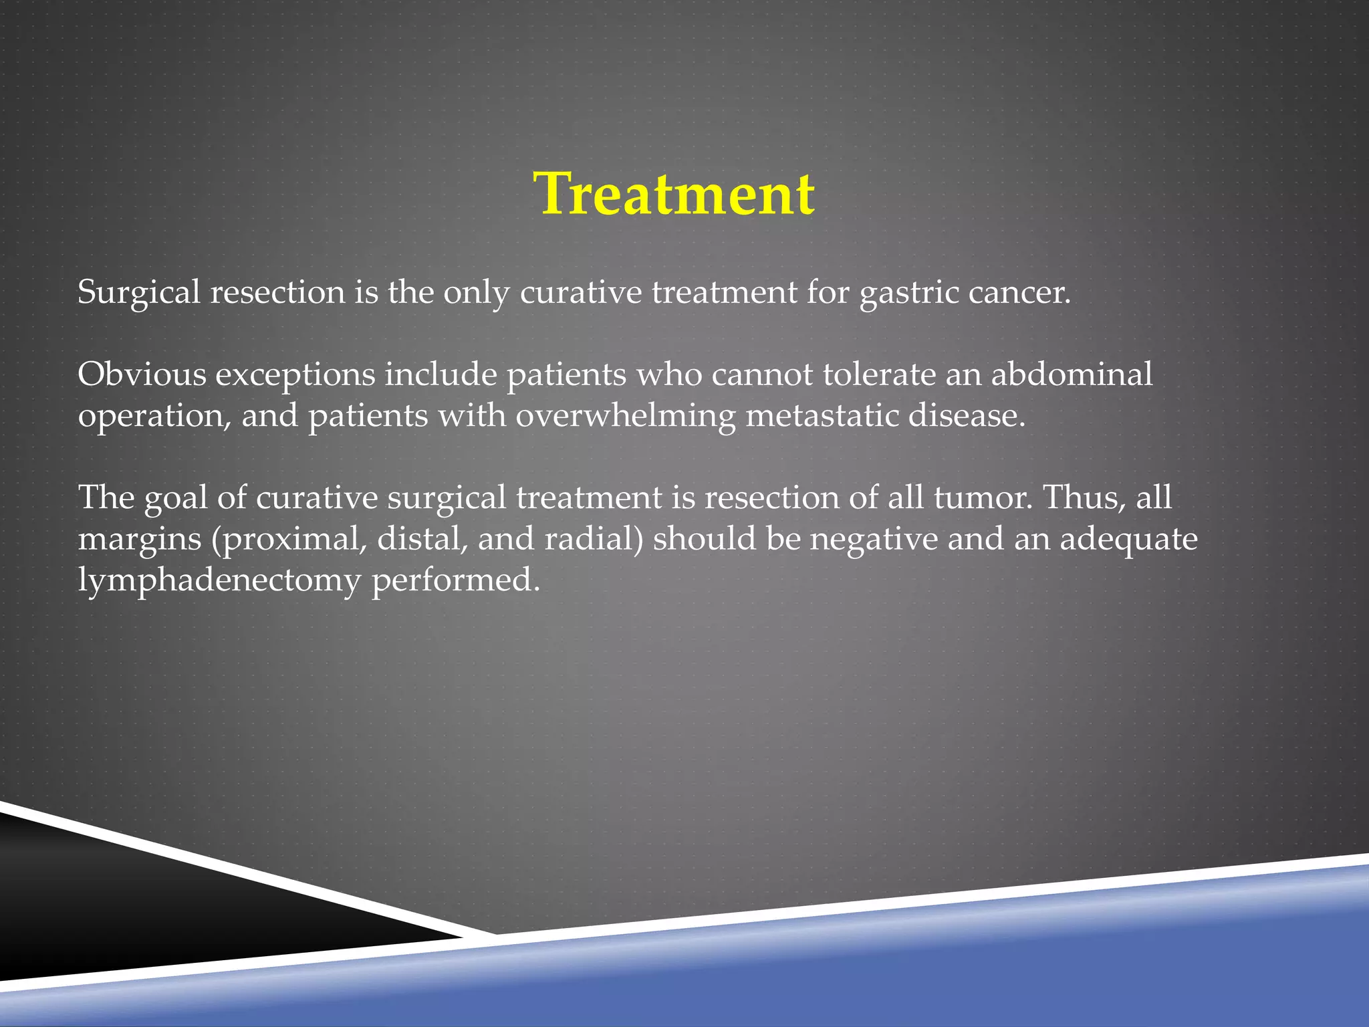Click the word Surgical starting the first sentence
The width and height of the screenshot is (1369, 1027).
tap(138, 292)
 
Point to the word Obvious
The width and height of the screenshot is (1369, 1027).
tap(142, 374)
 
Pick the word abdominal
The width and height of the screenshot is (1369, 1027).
tap(1072, 374)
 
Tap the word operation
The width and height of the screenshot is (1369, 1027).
tap(154, 417)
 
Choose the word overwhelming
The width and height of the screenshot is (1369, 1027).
tap(625, 417)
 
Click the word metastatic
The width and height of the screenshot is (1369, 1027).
tap(822, 416)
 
